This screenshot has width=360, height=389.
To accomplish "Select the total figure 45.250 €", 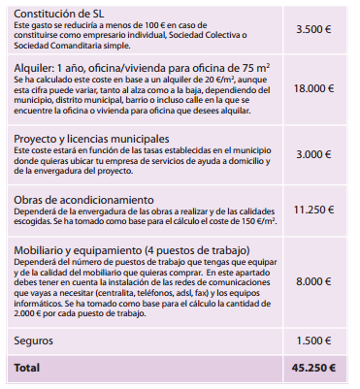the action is point(312,370).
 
